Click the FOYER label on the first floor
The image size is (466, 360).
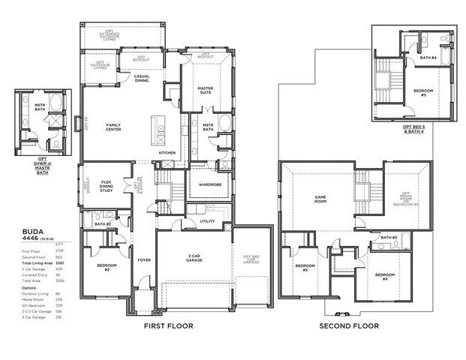point(143,260)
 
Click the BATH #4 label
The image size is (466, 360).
point(428,58)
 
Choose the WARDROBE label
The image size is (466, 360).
point(203,182)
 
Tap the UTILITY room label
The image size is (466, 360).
point(208,221)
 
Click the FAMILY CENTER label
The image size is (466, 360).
point(113,127)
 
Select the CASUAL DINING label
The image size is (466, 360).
point(141,78)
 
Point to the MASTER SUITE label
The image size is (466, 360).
point(205,90)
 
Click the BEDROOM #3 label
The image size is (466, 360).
point(305,267)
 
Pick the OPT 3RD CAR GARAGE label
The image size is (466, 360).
point(251,260)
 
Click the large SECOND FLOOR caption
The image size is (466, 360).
point(349,326)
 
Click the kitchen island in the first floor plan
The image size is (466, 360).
point(158,130)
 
